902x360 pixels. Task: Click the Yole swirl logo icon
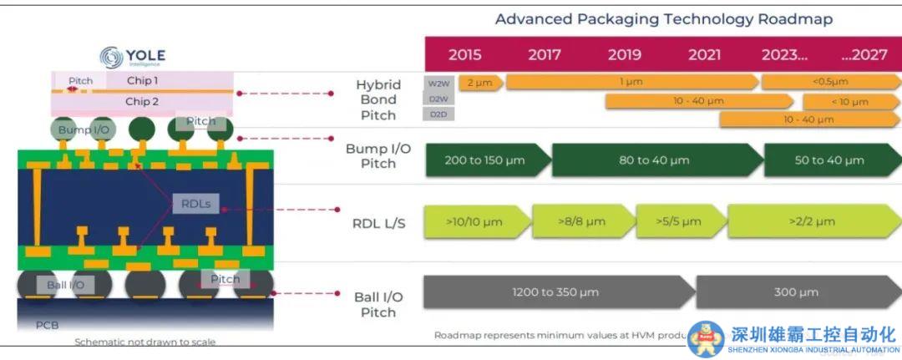(x=111, y=57)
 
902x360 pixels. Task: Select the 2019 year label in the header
(x=624, y=55)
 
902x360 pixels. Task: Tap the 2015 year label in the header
(x=464, y=55)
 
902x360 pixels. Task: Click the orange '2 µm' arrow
(x=479, y=82)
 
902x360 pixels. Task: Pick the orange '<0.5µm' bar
(x=829, y=82)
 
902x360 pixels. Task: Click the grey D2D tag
(x=438, y=114)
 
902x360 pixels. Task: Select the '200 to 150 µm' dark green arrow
(x=486, y=160)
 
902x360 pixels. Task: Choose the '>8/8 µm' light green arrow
(x=582, y=221)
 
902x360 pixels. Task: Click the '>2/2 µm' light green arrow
(x=810, y=221)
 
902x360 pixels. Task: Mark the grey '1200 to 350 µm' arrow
(x=556, y=292)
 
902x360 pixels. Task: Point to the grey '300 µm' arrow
(x=795, y=292)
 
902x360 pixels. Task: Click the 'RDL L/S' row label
(x=378, y=223)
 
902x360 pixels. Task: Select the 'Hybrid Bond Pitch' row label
(x=378, y=99)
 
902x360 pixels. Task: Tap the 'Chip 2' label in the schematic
(x=142, y=102)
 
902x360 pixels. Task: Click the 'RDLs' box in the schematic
(x=197, y=203)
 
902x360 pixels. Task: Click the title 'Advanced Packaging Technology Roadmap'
(x=663, y=19)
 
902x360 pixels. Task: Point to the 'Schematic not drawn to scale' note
(x=145, y=342)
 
